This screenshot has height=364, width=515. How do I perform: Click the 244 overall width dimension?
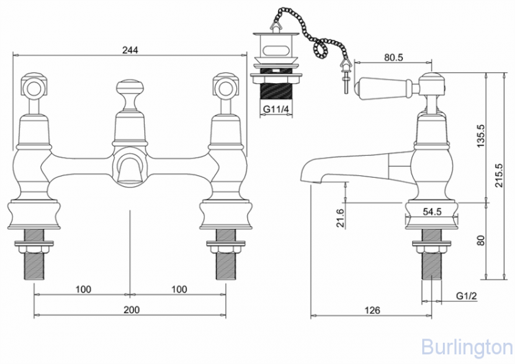(130, 50)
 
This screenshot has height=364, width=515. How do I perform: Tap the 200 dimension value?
(131, 310)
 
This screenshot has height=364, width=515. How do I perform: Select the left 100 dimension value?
(83, 289)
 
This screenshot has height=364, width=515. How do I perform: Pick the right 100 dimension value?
(179, 289)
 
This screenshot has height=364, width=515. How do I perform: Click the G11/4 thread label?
(277, 109)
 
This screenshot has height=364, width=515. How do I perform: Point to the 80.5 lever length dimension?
(393, 58)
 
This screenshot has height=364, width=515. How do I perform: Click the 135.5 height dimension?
(481, 136)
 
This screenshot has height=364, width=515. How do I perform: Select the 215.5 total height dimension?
(499, 175)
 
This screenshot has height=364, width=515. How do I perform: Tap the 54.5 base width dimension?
(432, 212)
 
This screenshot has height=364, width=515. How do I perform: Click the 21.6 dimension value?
(341, 218)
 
